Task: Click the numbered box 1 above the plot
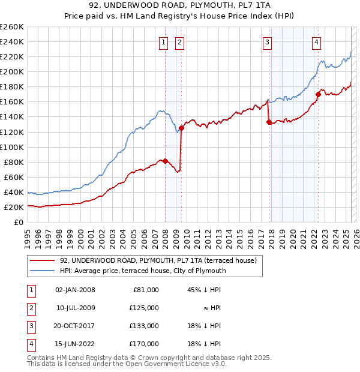(163, 42)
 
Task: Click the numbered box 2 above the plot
(179, 42)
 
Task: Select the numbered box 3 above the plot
(267, 42)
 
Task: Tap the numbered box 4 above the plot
(316, 42)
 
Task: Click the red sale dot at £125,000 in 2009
(181, 128)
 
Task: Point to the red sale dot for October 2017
(269, 122)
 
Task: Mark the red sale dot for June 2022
(318, 94)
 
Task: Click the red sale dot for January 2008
(165, 161)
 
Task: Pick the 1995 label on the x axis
(28, 235)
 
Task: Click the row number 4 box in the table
(30, 344)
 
